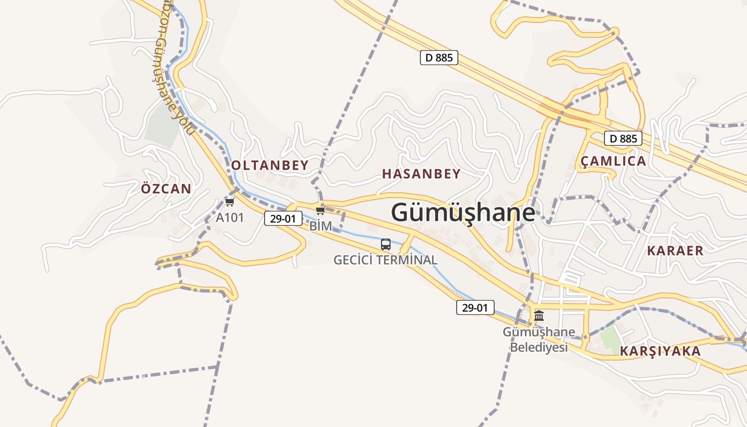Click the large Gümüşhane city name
pos(463,212)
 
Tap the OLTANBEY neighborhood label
pos(270,165)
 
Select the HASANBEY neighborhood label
pos(421,173)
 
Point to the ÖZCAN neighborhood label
pos(166,188)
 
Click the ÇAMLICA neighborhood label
pos(613,161)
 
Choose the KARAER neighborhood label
pos(675,250)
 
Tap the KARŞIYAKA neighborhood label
pos(660,351)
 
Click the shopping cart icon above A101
pos(229,202)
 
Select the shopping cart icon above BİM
pos(320,211)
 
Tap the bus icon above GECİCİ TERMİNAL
pos(385,245)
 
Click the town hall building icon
pos(539,315)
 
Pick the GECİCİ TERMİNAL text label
pos(385,260)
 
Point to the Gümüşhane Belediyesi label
pos(539,339)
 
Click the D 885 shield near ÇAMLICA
pos(623,139)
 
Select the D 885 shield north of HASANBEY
pos(439,58)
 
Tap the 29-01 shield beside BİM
pos(283,218)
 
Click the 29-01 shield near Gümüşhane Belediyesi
pos(475,307)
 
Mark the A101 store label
pos(229,217)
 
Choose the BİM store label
pos(320,226)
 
